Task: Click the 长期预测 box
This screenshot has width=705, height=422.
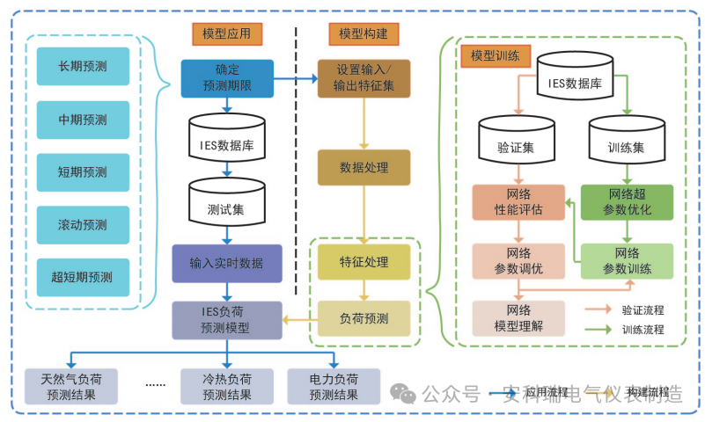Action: click(x=83, y=66)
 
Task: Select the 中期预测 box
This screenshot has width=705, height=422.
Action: click(x=83, y=120)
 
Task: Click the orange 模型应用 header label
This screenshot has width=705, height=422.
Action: click(x=226, y=34)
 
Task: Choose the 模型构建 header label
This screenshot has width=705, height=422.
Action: click(x=364, y=34)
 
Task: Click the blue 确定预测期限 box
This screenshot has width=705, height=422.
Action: click(x=227, y=78)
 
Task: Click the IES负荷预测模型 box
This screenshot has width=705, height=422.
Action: click(x=227, y=320)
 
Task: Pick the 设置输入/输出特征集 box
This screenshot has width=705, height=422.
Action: click(x=364, y=78)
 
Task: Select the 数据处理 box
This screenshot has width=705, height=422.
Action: click(x=364, y=167)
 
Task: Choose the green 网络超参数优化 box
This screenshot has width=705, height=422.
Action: click(x=627, y=201)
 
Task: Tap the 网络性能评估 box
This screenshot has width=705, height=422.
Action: click(x=518, y=201)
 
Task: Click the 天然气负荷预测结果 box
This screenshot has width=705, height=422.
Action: click(x=70, y=387)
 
